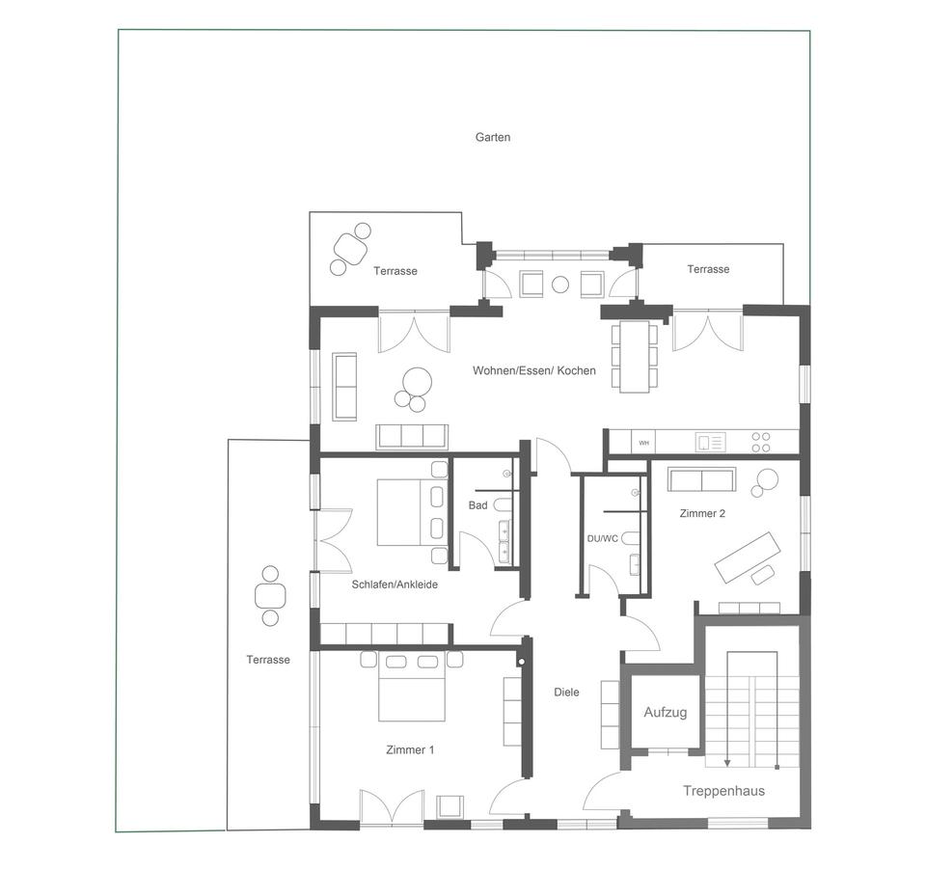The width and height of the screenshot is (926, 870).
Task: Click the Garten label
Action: (x=493, y=137)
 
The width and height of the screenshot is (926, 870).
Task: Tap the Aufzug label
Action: (x=665, y=713)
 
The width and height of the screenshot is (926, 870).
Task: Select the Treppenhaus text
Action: (x=723, y=791)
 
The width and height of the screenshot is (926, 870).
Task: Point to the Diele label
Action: (x=566, y=693)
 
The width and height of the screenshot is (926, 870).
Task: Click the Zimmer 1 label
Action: (x=410, y=750)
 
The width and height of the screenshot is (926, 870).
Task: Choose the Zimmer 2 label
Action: (x=702, y=513)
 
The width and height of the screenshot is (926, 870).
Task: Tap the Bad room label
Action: (x=477, y=505)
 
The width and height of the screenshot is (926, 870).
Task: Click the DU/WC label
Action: (x=602, y=538)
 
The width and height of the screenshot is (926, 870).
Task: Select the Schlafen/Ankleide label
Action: (x=395, y=585)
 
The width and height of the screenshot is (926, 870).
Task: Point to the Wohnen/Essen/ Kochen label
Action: (x=533, y=371)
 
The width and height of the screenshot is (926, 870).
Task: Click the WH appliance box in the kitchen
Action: (x=643, y=443)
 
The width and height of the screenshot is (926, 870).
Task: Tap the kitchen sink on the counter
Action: (x=711, y=443)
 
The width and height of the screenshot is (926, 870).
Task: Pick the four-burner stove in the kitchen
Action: (x=761, y=443)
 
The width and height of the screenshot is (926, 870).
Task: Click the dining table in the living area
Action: (x=635, y=356)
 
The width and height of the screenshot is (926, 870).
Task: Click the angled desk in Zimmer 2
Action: (x=747, y=557)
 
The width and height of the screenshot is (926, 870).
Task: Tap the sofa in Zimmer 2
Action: (x=701, y=479)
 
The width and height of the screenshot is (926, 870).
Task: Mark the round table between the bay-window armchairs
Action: (x=559, y=285)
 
